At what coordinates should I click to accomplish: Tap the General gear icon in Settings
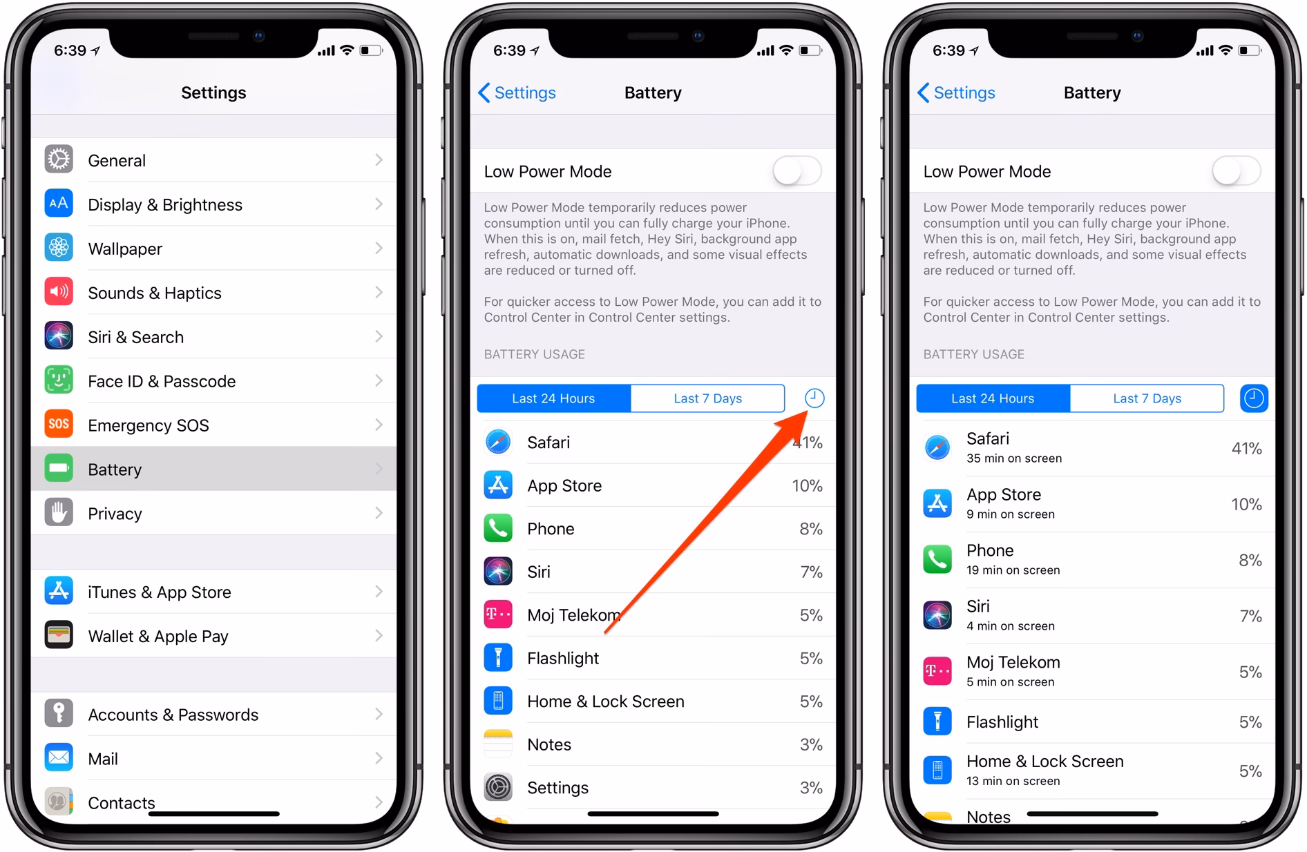pyautogui.click(x=59, y=159)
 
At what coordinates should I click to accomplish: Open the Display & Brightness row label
pyautogui.click(x=165, y=204)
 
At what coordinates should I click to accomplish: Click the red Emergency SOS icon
pyautogui.click(x=59, y=424)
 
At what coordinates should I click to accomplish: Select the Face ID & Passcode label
pyautogui.click(x=162, y=381)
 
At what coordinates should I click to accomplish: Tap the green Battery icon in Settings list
pyautogui.click(x=59, y=468)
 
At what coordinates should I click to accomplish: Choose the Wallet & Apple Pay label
pyautogui.click(x=158, y=636)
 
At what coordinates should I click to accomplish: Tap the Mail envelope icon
pyautogui.click(x=59, y=758)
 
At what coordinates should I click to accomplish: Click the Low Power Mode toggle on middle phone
pyautogui.click(x=797, y=171)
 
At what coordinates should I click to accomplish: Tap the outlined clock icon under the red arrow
pyautogui.click(x=814, y=398)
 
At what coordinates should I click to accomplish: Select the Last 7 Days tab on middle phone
pyautogui.click(x=707, y=398)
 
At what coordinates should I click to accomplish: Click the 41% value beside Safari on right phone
pyautogui.click(x=1246, y=448)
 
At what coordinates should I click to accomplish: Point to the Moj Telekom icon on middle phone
pyautogui.click(x=498, y=614)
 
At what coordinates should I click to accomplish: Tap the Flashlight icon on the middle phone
pyautogui.click(x=498, y=658)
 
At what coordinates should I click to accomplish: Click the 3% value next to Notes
pyautogui.click(x=811, y=744)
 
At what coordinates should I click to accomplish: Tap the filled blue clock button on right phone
pyautogui.click(x=1254, y=398)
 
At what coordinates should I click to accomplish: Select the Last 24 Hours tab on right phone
pyautogui.click(x=993, y=398)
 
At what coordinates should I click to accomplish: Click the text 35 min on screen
pyautogui.click(x=1014, y=458)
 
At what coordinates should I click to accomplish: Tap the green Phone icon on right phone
pyautogui.click(x=937, y=559)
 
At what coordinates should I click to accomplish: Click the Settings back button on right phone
pyautogui.click(x=957, y=93)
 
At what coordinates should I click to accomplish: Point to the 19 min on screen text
pyautogui.click(x=1013, y=570)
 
